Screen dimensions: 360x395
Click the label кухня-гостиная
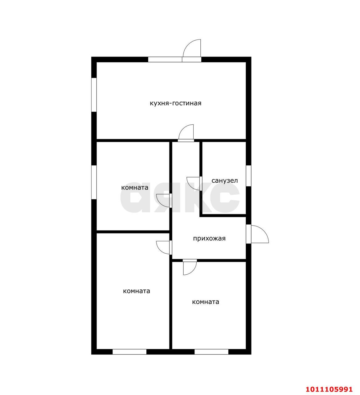click(x=175, y=103)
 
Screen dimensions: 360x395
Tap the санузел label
click(x=225, y=181)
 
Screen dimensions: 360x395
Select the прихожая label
click(x=209, y=239)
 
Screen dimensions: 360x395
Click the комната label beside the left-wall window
click(x=135, y=187)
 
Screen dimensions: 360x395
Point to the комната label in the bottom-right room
click(x=206, y=302)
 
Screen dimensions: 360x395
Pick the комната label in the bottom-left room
click(x=137, y=291)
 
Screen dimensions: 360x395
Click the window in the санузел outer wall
click(x=249, y=176)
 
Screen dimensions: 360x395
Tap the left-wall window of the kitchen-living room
click(x=94, y=95)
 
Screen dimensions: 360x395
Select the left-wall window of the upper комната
click(x=94, y=182)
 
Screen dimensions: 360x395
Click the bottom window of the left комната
click(x=129, y=352)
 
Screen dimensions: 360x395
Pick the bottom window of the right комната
click(x=211, y=352)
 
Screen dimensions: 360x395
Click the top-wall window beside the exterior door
click(x=165, y=60)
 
